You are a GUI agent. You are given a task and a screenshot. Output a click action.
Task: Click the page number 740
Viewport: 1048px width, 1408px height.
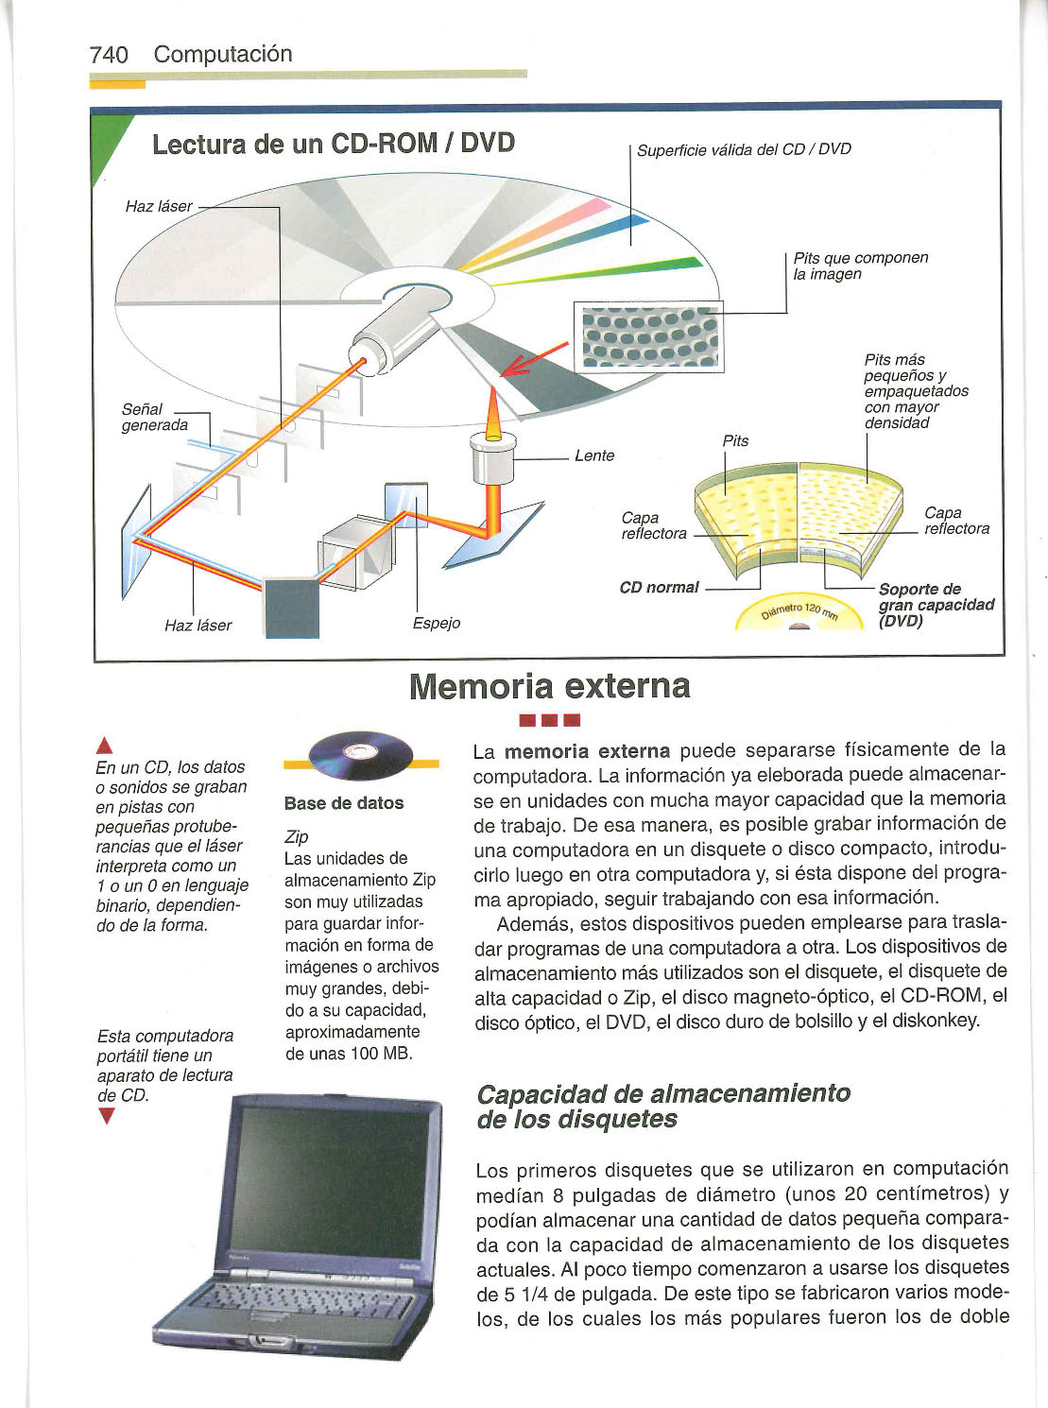pos(109,55)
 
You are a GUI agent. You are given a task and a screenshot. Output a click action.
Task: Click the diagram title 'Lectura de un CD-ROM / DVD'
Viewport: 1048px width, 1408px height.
pos(333,144)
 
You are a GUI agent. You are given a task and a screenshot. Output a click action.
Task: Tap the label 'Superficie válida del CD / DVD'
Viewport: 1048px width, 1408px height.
pos(744,149)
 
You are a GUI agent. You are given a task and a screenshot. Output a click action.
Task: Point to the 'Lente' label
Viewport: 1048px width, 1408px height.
pos(594,455)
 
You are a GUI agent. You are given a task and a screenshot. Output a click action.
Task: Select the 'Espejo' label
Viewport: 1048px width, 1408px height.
pos(437,623)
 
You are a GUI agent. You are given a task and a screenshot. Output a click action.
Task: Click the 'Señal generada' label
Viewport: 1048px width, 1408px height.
pos(155,417)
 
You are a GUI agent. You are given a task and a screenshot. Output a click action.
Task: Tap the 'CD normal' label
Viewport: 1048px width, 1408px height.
pos(659,587)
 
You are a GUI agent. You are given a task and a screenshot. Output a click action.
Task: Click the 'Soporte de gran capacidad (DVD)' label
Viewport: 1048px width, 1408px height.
pos(935,605)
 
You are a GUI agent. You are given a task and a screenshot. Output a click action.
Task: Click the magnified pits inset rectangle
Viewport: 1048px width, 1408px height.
pos(647,336)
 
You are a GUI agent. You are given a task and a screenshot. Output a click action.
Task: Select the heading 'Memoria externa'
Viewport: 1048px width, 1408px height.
pos(550,685)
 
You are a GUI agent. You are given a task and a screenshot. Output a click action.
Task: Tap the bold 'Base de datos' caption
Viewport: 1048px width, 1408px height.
pos(344,803)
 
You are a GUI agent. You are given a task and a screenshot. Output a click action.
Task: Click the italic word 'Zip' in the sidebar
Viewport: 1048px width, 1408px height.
pos(296,836)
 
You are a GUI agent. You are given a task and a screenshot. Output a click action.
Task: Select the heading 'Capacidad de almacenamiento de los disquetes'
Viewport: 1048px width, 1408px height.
pos(663,1107)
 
